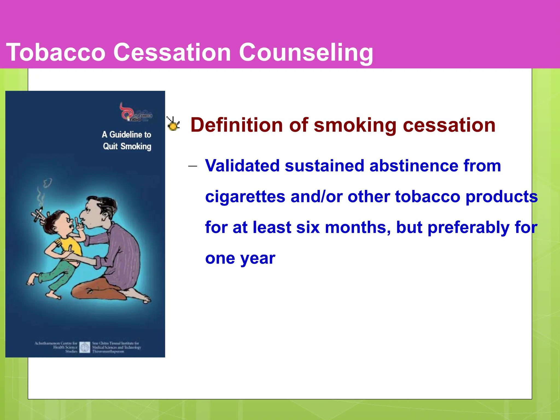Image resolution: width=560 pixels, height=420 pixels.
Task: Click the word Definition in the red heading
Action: coord(236,125)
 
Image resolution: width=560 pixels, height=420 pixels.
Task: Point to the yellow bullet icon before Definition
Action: coord(173,124)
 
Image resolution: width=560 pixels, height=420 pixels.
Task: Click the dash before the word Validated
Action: coord(192,166)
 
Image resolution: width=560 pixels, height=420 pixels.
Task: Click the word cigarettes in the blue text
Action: coord(245,197)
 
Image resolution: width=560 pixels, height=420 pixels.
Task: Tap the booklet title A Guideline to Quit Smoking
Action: coord(127,141)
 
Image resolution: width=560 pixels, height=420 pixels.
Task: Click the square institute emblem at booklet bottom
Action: coord(85,347)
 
